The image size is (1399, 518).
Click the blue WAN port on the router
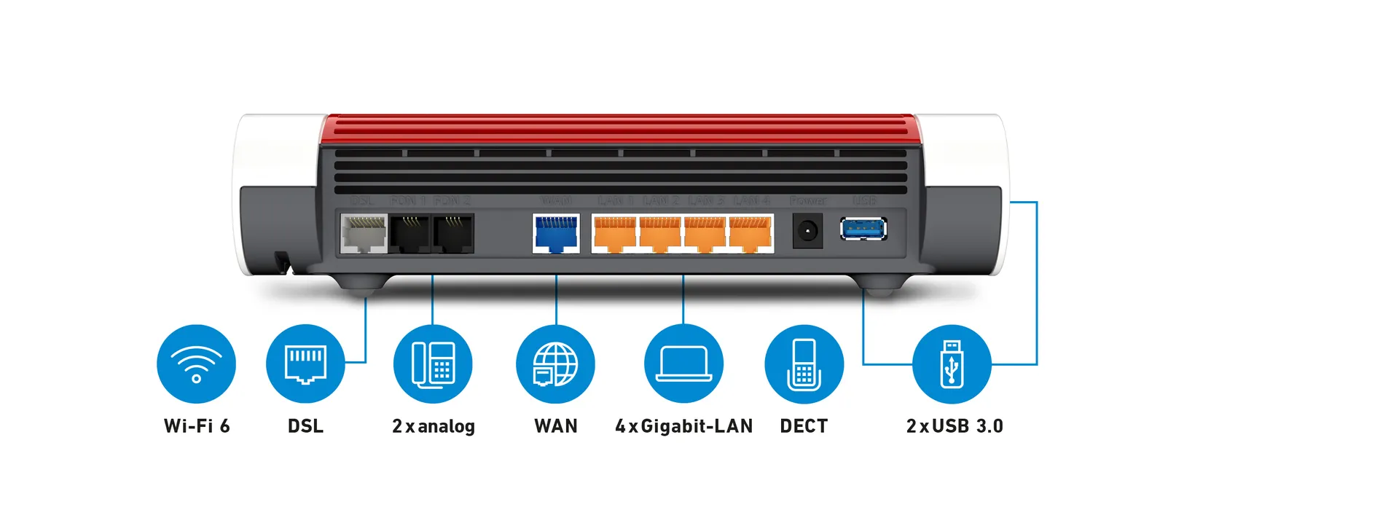pyautogui.click(x=556, y=233)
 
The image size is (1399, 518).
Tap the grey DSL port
pyautogui.click(x=364, y=233)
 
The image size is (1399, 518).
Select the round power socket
pyautogui.click(x=807, y=232)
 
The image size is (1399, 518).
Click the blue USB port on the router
pyautogui.click(x=863, y=229)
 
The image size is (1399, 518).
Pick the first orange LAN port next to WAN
pyautogui.click(x=615, y=233)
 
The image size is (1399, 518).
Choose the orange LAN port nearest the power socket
pyautogui.click(x=751, y=233)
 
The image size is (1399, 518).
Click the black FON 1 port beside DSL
pyautogui.click(x=410, y=233)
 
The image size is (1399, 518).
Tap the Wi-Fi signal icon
pyautogui.click(x=196, y=364)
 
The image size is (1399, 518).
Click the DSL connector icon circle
pyautogui.click(x=305, y=364)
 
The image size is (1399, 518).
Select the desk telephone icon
pyautogui.click(x=433, y=364)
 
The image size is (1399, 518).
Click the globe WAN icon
pyautogui.click(x=555, y=364)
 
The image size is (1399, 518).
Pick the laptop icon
pyautogui.click(x=683, y=364)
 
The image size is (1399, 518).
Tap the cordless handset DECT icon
pyautogui.click(x=804, y=364)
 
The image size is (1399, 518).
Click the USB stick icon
pyautogui.click(x=952, y=364)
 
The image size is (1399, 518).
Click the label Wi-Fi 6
pyautogui.click(x=197, y=426)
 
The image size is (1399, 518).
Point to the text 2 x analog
pyautogui.click(x=434, y=426)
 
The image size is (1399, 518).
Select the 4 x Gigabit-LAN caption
pyautogui.click(x=683, y=426)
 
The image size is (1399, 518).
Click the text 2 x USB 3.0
pyautogui.click(x=955, y=426)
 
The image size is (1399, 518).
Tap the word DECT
pyautogui.click(x=804, y=426)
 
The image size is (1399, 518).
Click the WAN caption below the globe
pyautogui.click(x=556, y=426)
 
